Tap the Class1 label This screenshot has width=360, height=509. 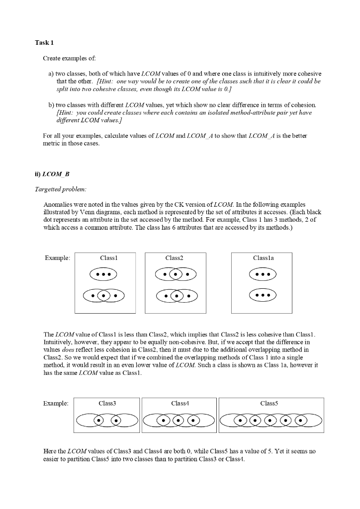108,258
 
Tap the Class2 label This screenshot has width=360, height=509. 175,258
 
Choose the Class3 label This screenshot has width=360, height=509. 107,403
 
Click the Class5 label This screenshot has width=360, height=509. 269,403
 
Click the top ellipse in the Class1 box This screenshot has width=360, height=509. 103,274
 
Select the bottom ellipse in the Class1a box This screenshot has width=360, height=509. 262,295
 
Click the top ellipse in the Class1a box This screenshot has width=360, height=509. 262,274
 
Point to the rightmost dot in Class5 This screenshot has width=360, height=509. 300,421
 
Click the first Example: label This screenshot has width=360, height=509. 57,258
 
